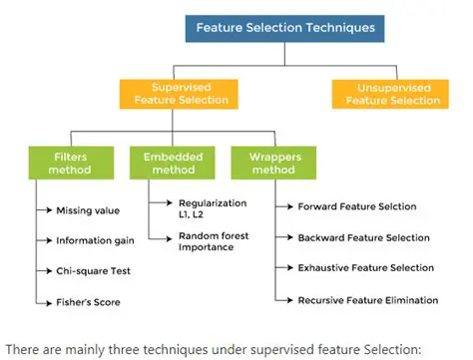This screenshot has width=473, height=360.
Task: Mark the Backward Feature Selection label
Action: (364, 237)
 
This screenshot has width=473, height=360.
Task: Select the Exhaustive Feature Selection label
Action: (366, 267)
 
